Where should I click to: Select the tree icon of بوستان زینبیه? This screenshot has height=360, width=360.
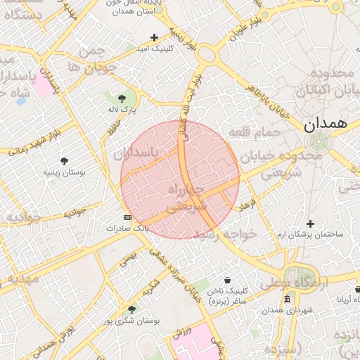[64, 161]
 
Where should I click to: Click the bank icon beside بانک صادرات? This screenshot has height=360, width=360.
[127, 217]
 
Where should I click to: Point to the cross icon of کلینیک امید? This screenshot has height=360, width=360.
[155, 37]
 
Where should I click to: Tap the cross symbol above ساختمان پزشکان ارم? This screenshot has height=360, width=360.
[310, 224]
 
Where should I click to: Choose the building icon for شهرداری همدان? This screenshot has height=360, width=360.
[287, 300]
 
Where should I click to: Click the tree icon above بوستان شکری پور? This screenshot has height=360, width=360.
[131, 309]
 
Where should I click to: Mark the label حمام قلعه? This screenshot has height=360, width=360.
[255, 131]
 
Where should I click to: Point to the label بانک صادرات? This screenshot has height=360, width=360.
[128, 229]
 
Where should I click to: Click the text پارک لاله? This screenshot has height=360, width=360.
[122, 110]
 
